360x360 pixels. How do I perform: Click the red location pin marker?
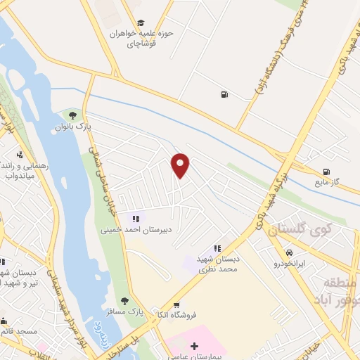[x=181, y=166]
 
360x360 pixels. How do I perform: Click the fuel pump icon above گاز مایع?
[x=326, y=172]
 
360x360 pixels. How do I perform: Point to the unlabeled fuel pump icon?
[x=224, y=95]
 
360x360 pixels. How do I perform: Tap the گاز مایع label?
[x=327, y=182]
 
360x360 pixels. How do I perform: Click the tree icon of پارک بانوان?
[x=70, y=115]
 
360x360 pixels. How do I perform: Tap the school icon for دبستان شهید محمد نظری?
[x=217, y=248]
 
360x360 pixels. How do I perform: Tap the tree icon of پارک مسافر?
[x=124, y=302]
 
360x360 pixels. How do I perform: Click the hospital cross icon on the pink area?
[x=194, y=346]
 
